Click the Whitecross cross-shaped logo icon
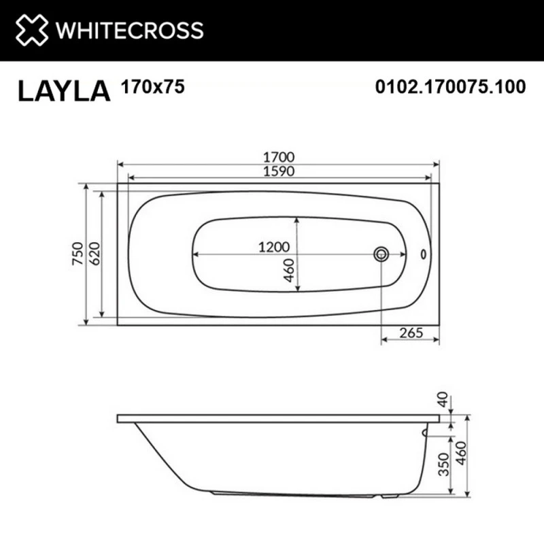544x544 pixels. click(32, 31)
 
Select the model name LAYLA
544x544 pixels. click(64, 91)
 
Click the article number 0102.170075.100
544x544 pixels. click(450, 87)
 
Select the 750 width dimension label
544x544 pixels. click(78, 254)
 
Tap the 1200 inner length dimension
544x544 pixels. click(275, 248)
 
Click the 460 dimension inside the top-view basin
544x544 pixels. click(289, 271)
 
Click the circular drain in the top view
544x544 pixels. click(381, 254)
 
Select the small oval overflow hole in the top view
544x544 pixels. click(425, 254)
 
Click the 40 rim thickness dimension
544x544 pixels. click(444, 400)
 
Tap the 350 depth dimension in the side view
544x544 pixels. click(444, 463)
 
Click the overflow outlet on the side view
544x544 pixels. click(426, 430)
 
